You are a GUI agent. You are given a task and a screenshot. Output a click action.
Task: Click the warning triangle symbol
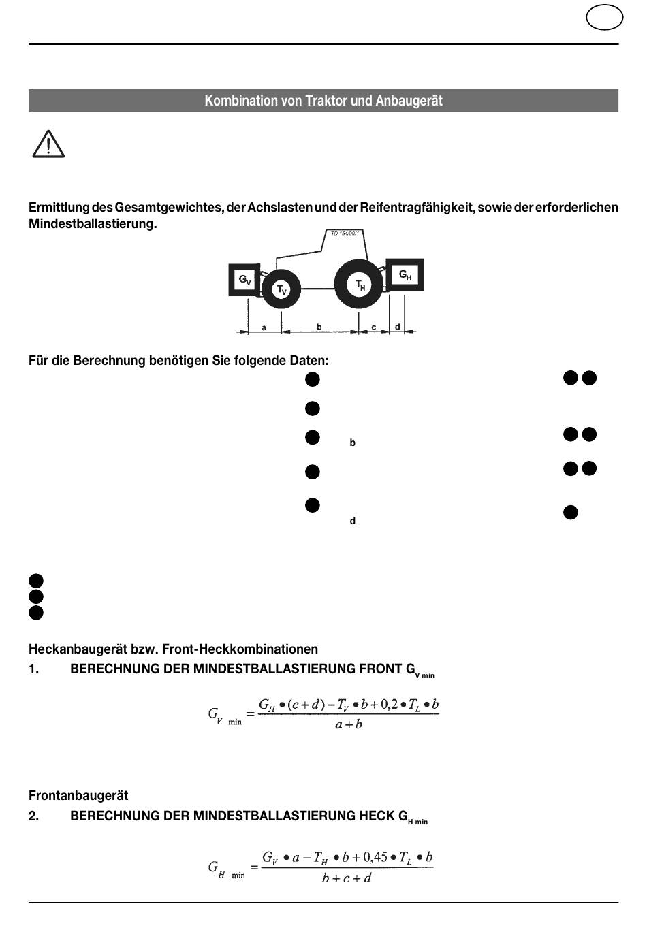coord(48,144)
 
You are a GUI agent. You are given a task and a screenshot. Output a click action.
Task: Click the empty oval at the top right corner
coord(603,18)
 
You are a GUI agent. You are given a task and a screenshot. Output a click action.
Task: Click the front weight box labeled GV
coord(244,280)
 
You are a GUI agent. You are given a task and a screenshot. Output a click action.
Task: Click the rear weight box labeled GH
coord(405,275)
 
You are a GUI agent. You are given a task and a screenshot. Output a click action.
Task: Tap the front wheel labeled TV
coord(281,290)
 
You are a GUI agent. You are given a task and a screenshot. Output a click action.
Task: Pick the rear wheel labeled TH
coord(360,285)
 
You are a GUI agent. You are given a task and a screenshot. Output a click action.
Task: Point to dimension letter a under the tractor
coord(264,327)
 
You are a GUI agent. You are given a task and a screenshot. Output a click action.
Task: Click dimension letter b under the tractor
coord(319,327)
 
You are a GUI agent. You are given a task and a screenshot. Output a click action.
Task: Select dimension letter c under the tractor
coord(374,327)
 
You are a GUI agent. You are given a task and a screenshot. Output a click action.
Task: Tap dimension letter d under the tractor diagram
coord(398,327)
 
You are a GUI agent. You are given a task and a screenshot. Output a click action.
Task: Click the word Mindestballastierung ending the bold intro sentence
coord(93,224)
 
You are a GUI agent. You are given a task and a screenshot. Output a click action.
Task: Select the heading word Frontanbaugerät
coord(78,795)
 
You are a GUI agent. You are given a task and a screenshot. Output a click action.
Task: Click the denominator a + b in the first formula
coord(349,724)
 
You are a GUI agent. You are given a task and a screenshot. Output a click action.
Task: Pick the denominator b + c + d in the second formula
coord(347,878)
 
